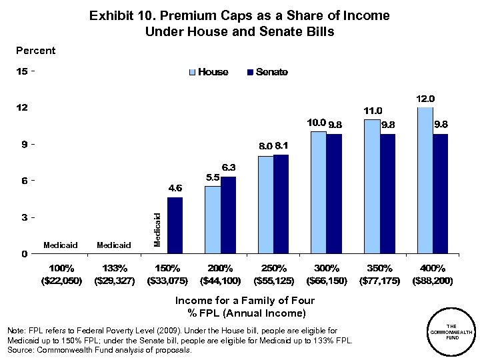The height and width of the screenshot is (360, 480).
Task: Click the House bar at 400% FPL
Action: (425, 180)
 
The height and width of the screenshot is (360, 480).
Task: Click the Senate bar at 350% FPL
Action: (387, 193)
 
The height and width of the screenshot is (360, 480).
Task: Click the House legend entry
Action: (209, 72)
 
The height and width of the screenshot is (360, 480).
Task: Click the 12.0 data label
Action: (425, 99)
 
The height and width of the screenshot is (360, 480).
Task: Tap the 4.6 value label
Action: (174, 189)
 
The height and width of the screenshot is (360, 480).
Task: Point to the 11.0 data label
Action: (372, 111)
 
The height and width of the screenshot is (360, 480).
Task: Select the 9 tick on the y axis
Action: (25, 144)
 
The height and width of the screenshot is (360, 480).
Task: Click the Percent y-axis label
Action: (35, 51)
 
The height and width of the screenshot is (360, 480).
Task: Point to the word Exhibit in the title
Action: (111, 15)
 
